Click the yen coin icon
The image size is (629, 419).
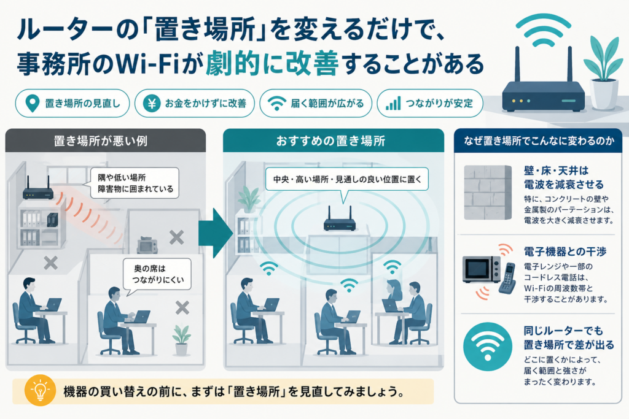pyautogui.click(x=152, y=103)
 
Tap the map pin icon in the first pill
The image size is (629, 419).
pyautogui.click(x=32, y=103)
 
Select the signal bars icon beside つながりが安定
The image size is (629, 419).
pyautogui.click(x=393, y=103)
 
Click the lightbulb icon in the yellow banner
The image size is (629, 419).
pyautogui.click(x=40, y=391)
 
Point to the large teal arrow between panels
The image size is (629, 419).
pyautogui.click(x=216, y=233)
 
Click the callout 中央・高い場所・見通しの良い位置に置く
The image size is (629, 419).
pyautogui.click(x=347, y=180)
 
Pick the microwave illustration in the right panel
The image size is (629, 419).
pyautogui.click(x=482, y=269)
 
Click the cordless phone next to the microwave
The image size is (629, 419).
pyautogui.click(x=507, y=279)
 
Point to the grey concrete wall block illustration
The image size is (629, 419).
pyautogui.click(x=488, y=193)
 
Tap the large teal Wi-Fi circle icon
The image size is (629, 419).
pyautogui.click(x=487, y=347)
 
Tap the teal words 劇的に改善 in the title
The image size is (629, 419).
pyautogui.click(x=272, y=63)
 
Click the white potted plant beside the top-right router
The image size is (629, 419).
pyautogui.click(x=603, y=73)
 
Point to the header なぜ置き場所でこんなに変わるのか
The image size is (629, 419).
pyautogui.click(x=539, y=140)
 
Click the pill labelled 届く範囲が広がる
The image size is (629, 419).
pyautogui.click(x=316, y=103)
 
